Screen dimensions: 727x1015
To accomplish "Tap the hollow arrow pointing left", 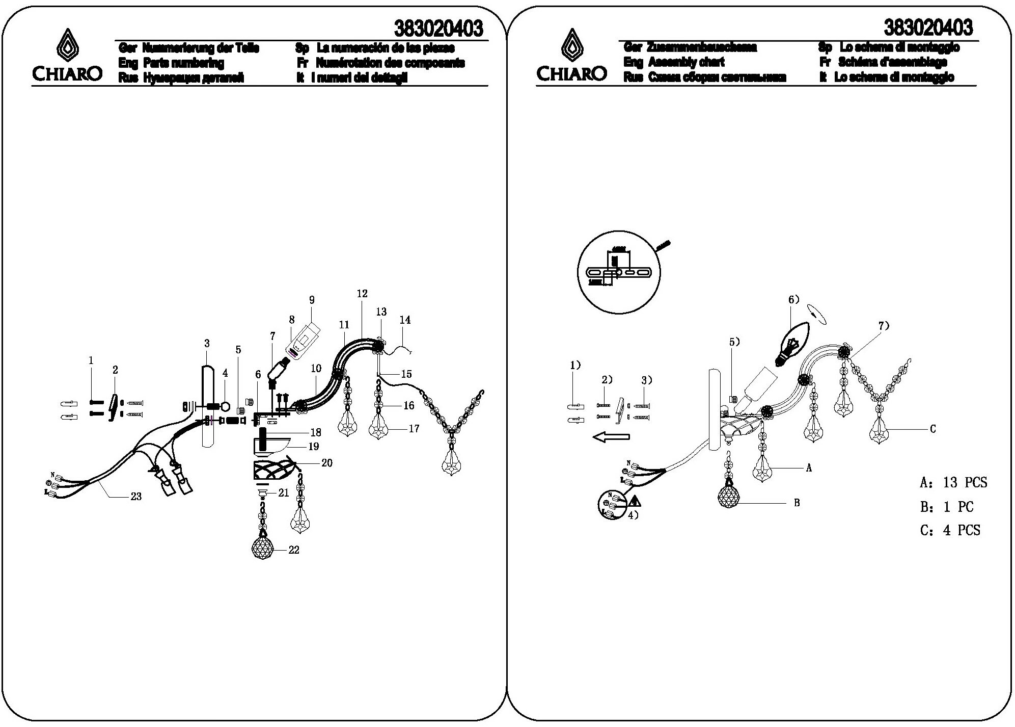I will coord(611,437).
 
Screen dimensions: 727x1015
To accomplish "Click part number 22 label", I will coord(294,550).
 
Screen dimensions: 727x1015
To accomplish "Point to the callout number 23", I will coord(136,496).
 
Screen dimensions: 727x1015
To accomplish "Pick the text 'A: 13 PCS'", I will coord(953,482).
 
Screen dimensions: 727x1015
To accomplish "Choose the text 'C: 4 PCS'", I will coord(950,530).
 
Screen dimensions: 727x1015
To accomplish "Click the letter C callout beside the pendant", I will coord(932,429).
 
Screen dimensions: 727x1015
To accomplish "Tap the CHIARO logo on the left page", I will coord(67,56).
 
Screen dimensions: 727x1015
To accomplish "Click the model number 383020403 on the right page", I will coord(928,27).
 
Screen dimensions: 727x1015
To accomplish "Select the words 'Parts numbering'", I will coord(183,63).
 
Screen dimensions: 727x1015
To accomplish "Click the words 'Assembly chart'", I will coord(686,62).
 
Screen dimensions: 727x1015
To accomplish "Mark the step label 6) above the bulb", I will coord(794,299).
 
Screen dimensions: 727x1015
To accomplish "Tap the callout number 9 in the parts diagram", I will coord(312,300).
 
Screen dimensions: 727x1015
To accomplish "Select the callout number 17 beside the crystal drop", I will coord(414,429).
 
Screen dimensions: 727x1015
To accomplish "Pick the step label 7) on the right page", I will coord(884,326).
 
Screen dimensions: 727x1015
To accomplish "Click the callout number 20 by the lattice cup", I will coord(326,462).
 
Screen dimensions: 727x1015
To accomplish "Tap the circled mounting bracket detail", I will coord(618,274).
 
